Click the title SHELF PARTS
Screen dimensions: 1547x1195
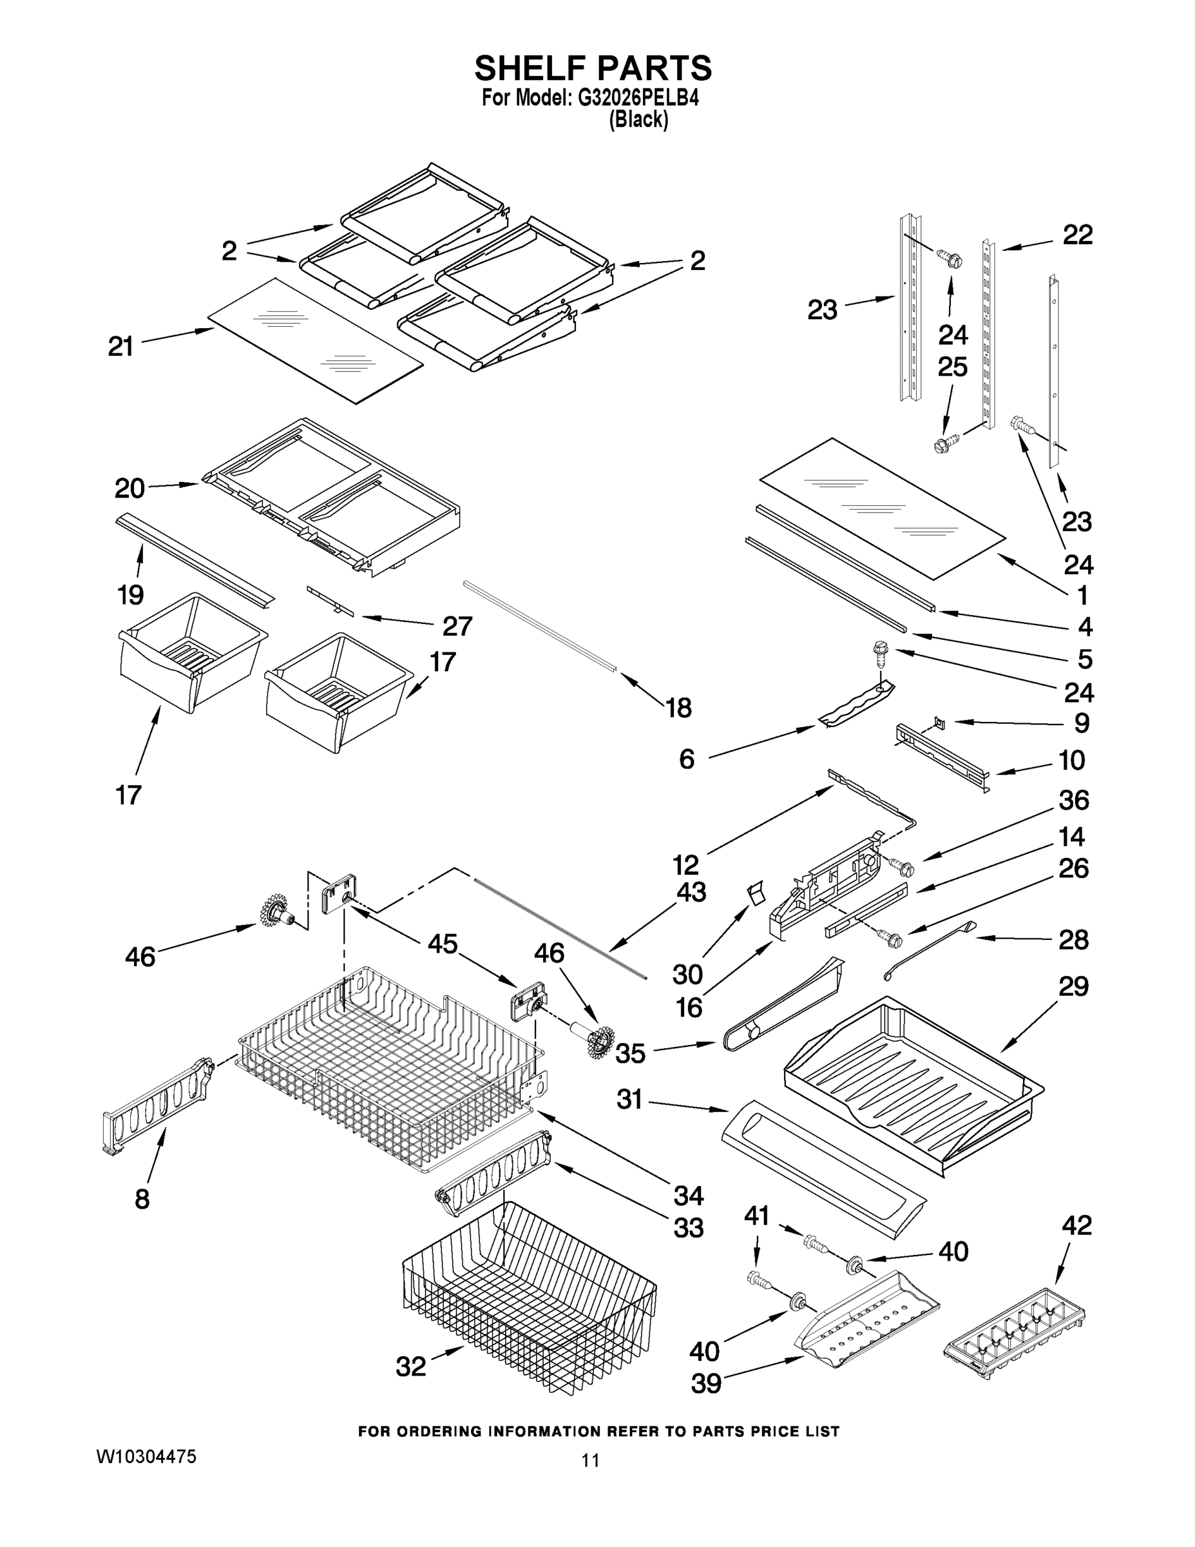593,69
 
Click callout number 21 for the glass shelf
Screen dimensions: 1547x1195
121,346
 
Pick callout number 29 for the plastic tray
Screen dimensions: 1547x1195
1073,986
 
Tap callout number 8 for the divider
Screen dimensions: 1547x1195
142,1199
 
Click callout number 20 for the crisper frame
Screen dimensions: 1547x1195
129,488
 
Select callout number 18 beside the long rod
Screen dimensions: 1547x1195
679,708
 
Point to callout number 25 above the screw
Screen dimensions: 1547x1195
952,367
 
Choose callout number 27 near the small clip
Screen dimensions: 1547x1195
457,626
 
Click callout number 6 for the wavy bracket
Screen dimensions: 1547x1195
687,759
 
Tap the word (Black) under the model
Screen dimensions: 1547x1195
638,121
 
